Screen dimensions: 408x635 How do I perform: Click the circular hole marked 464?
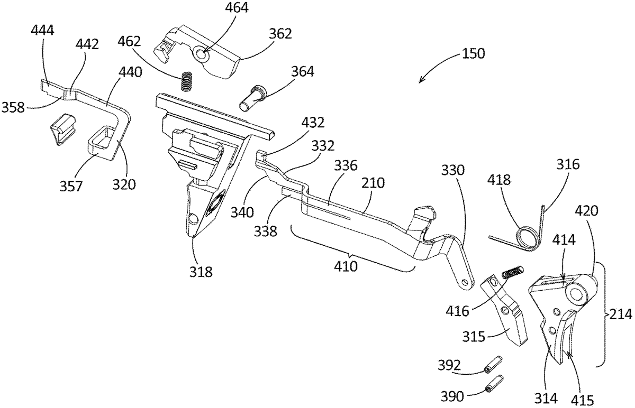point(202,53)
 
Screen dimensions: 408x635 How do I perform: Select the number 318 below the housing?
point(202,272)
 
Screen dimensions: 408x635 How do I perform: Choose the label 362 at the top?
point(280,35)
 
